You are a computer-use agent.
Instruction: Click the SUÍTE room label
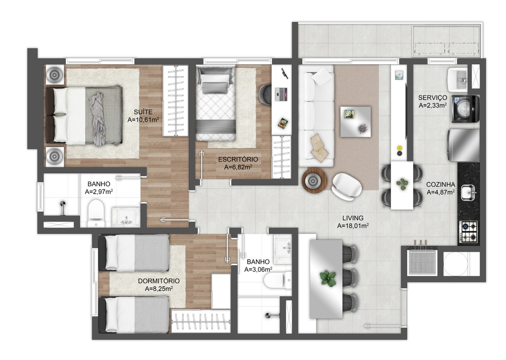(x=143, y=112)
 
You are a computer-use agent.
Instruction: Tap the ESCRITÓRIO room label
(x=238, y=160)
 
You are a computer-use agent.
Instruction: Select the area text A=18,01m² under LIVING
(x=353, y=226)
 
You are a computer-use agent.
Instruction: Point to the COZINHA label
(x=440, y=185)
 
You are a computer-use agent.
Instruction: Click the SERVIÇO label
(x=432, y=97)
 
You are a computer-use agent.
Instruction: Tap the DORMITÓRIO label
(x=159, y=281)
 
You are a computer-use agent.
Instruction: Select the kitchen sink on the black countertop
(x=467, y=193)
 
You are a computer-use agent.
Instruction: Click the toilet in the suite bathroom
(x=95, y=213)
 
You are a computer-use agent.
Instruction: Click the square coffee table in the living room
(x=355, y=121)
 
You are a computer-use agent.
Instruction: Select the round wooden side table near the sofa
(x=314, y=181)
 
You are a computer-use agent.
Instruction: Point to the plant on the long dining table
(x=328, y=278)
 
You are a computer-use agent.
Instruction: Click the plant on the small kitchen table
(x=402, y=184)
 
